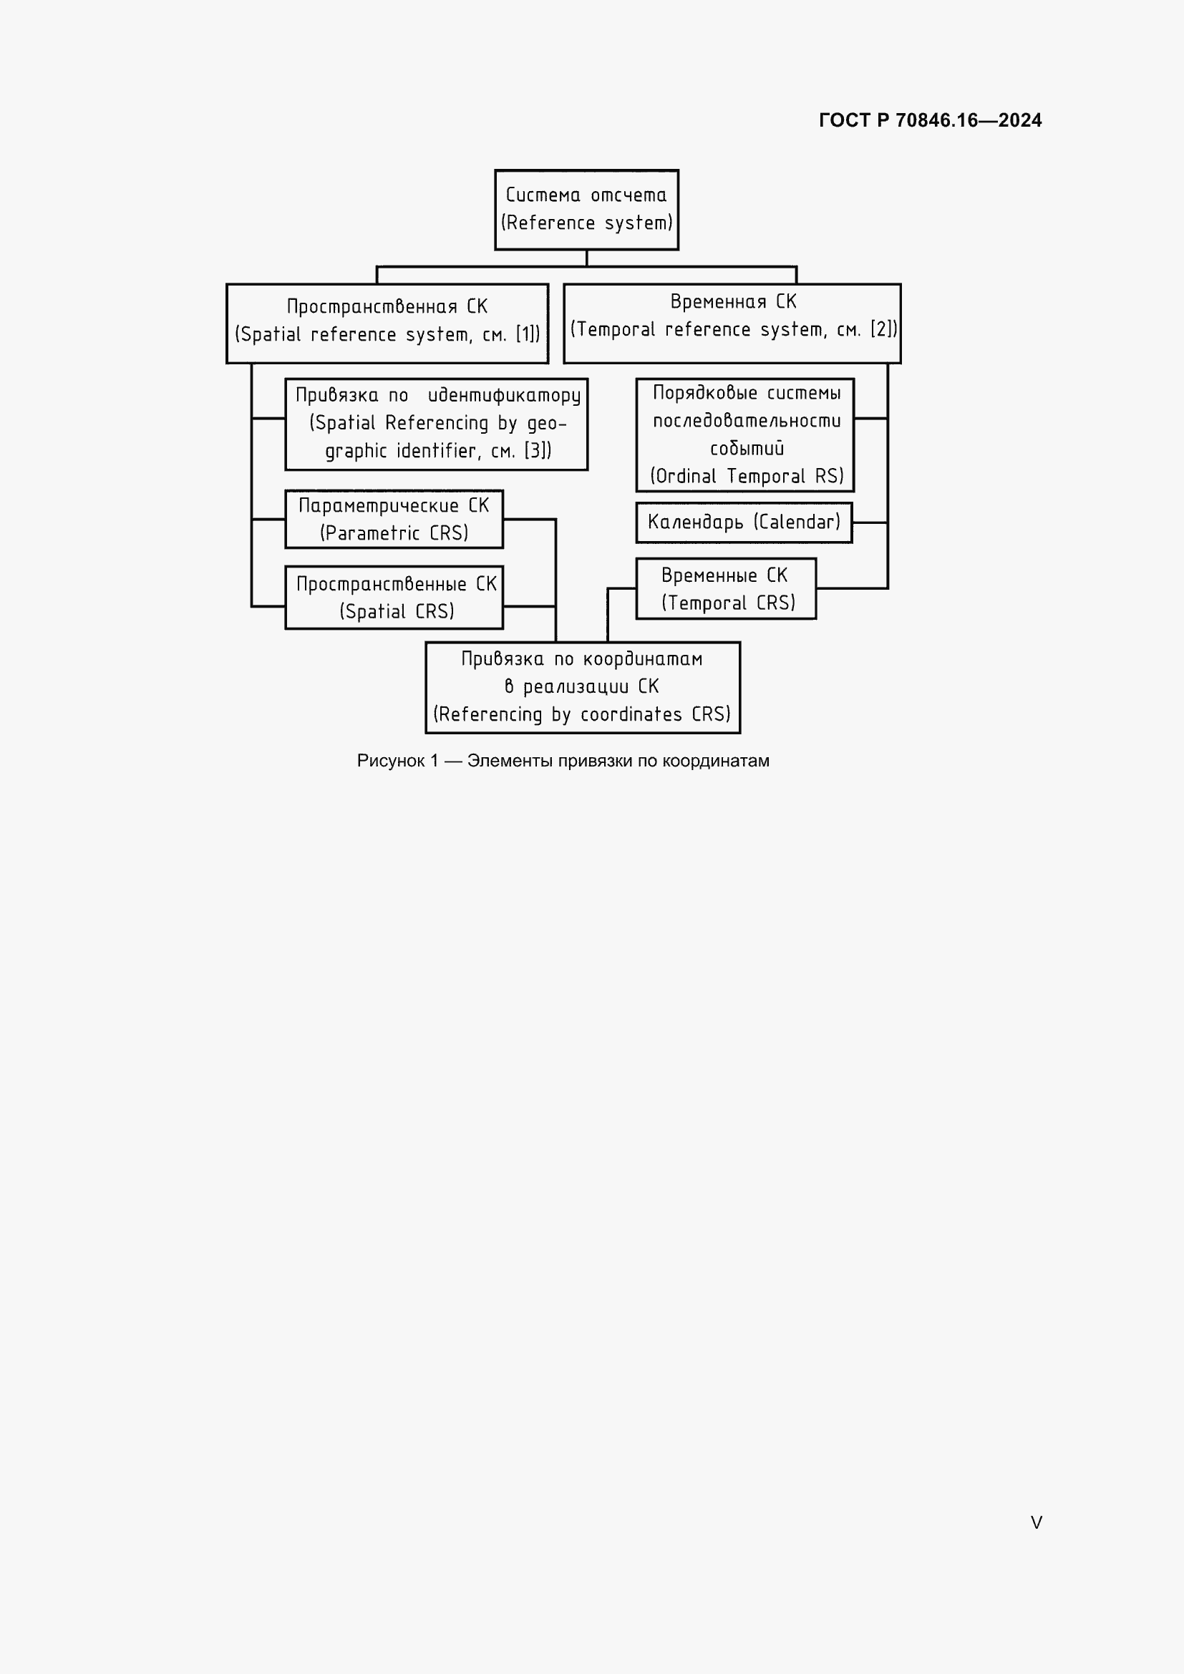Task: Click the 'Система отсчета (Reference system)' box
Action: click(x=586, y=209)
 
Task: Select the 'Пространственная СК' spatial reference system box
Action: click(x=387, y=322)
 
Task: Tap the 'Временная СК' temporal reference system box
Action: click(x=732, y=322)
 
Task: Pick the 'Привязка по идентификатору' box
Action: click(x=436, y=424)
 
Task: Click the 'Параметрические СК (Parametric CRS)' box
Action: click(x=394, y=518)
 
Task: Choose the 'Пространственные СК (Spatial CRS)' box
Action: click(x=394, y=597)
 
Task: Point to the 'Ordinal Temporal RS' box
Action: click(x=744, y=434)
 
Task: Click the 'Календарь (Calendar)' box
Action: click(x=744, y=522)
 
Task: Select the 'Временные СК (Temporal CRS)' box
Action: click(x=725, y=588)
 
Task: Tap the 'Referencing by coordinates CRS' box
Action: click(x=583, y=687)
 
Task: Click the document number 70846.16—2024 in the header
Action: click(x=969, y=120)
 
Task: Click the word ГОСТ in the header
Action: click(x=844, y=120)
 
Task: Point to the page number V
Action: click(x=1036, y=1522)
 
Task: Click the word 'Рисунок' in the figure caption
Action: click(x=391, y=761)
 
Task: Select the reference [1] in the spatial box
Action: click(x=526, y=335)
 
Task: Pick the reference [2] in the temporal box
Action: click(x=881, y=329)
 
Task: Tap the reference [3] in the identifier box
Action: click(x=536, y=451)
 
